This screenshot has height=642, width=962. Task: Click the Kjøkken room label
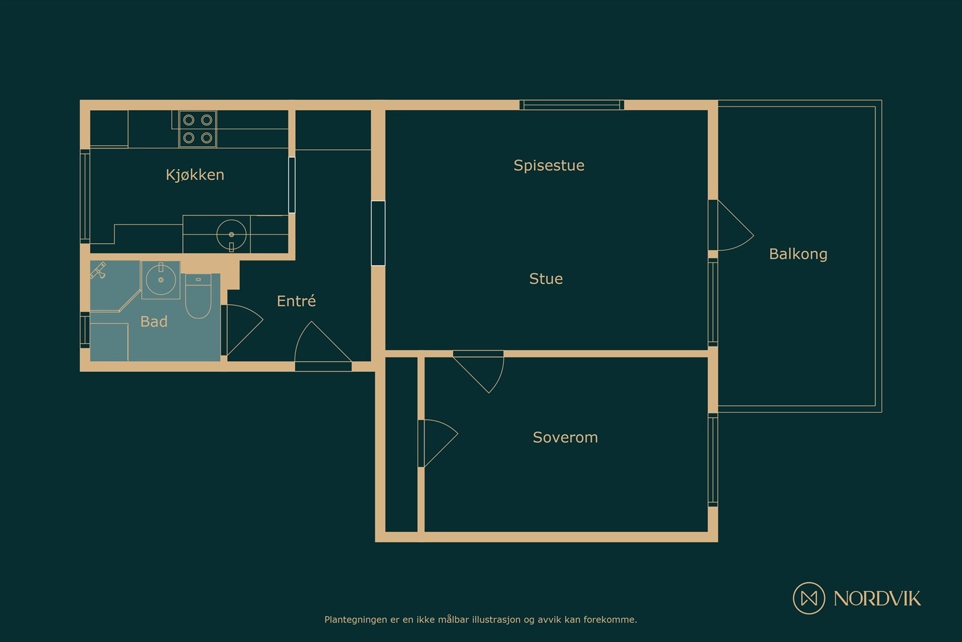195,175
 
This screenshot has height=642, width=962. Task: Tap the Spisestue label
549,165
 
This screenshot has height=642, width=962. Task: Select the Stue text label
546,279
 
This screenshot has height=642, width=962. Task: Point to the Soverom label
565,437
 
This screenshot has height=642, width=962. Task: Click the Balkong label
798,254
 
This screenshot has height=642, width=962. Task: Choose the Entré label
296,301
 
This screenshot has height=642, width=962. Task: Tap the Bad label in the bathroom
154,321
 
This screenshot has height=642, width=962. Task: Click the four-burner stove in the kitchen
198,129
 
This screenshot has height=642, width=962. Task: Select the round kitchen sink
231,235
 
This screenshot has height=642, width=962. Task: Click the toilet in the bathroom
198,297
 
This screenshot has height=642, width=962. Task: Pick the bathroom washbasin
161,280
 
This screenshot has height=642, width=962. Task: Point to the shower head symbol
99,271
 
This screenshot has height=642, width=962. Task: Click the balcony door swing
735,226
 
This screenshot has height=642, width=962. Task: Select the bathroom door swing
244,330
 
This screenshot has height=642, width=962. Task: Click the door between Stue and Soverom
479,372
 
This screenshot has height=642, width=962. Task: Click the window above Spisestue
572,105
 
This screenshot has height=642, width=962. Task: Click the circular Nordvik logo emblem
809,598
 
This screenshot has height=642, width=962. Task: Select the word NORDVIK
877,598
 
